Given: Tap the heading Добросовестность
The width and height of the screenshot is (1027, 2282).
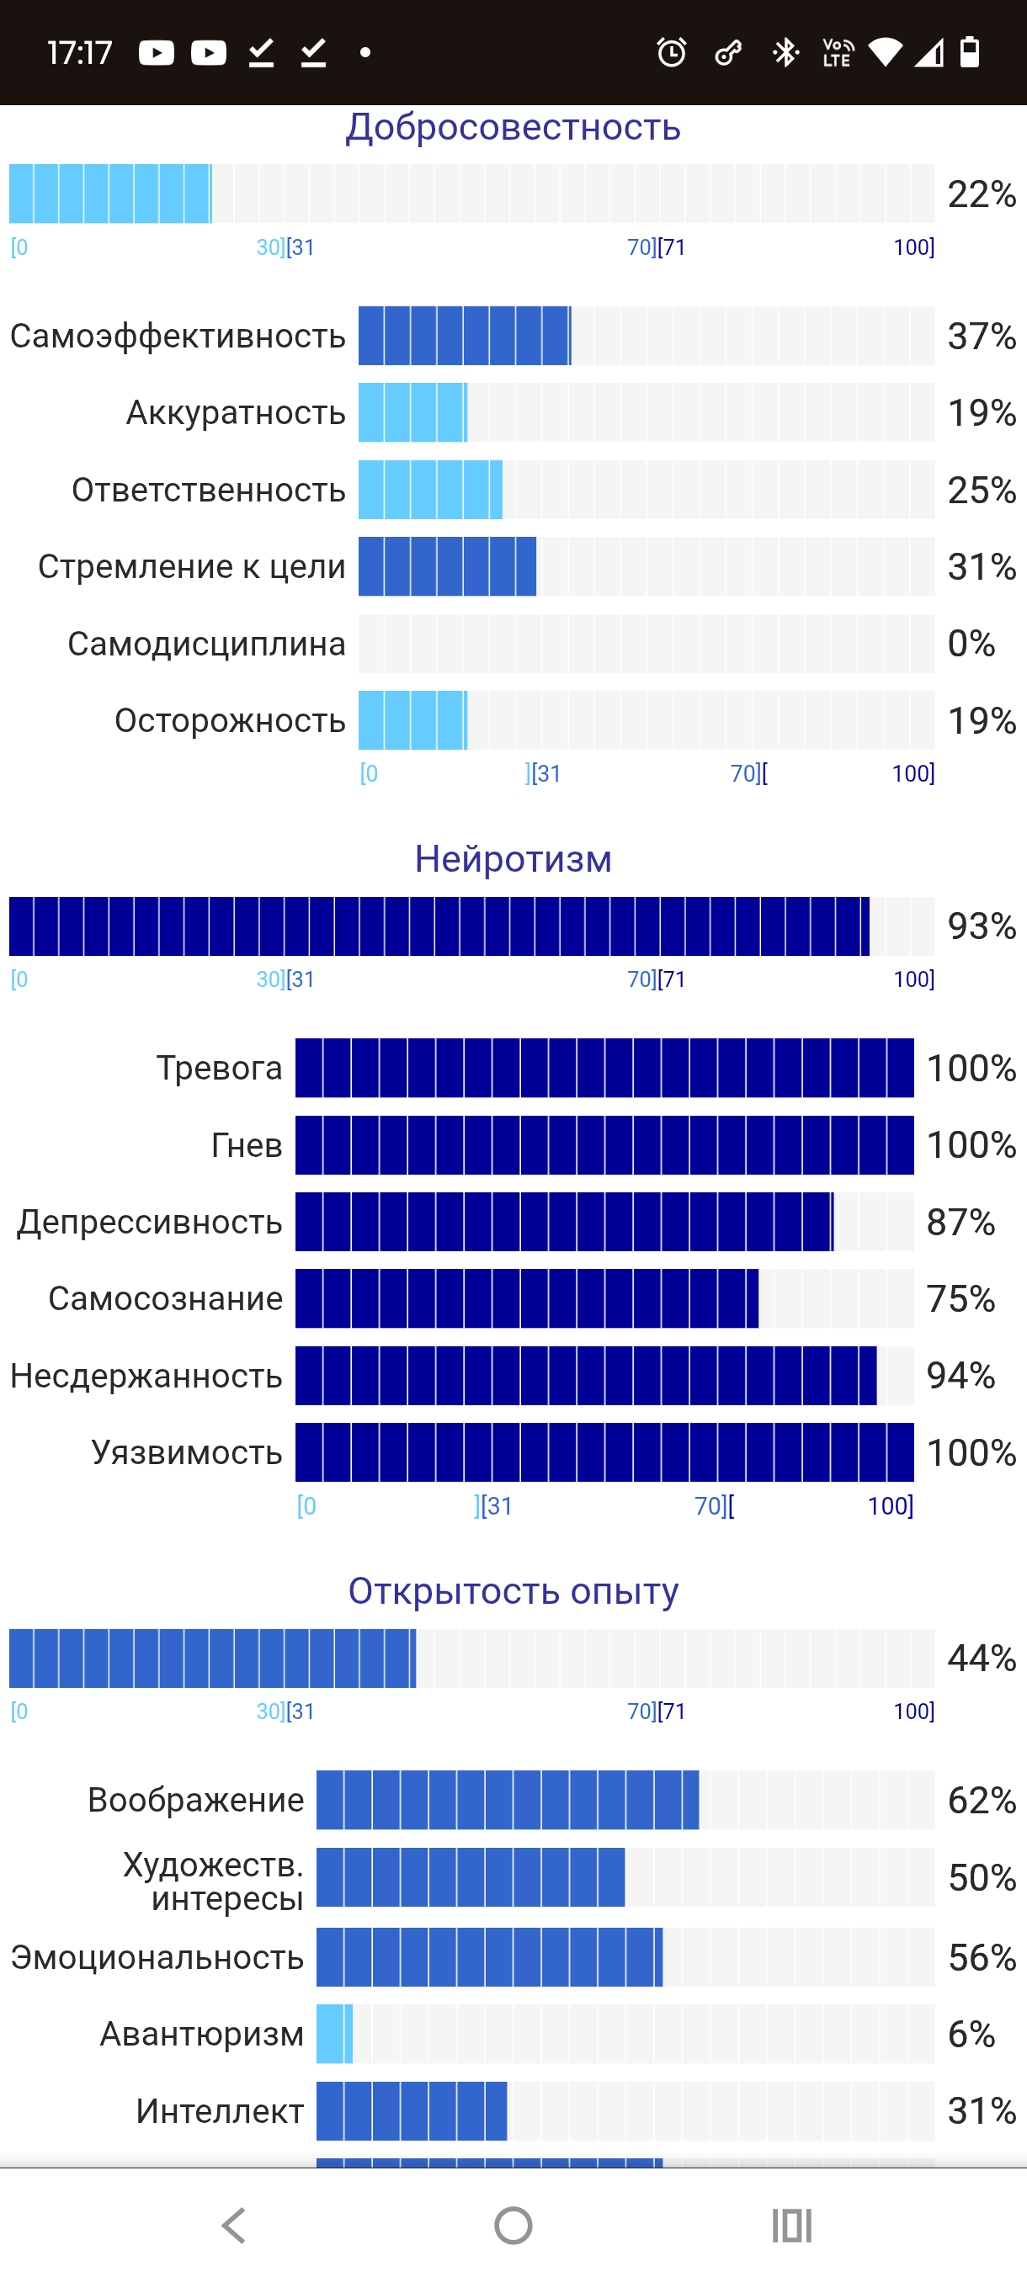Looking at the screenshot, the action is [513, 128].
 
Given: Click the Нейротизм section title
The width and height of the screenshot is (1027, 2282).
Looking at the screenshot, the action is [513, 859].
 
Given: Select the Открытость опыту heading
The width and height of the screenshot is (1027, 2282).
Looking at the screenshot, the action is [513, 1591].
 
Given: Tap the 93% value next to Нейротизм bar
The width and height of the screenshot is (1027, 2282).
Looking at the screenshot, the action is [982, 926].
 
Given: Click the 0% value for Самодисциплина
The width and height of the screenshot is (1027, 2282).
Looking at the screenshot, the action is [971, 644].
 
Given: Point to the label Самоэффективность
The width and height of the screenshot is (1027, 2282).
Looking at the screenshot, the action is [178, 337].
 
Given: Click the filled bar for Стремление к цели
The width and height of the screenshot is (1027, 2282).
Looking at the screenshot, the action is [448, 567].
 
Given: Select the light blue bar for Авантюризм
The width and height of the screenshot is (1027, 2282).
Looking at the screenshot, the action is [335, 2034].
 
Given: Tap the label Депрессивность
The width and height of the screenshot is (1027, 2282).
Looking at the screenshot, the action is [150, 1223].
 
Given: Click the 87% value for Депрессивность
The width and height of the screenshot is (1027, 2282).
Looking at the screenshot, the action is [960, 1223].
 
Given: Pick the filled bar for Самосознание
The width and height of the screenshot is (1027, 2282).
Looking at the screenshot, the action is [527, 1298].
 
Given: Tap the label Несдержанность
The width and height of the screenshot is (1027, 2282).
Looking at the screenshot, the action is [146, 1376].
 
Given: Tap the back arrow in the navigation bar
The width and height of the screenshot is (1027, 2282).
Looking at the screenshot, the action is [233, 2226].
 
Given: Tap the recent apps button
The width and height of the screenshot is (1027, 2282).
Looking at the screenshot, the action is [792, 2226].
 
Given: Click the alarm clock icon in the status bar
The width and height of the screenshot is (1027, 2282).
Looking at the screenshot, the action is [672, 52].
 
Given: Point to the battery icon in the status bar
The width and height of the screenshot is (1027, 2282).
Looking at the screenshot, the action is [971, 52].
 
